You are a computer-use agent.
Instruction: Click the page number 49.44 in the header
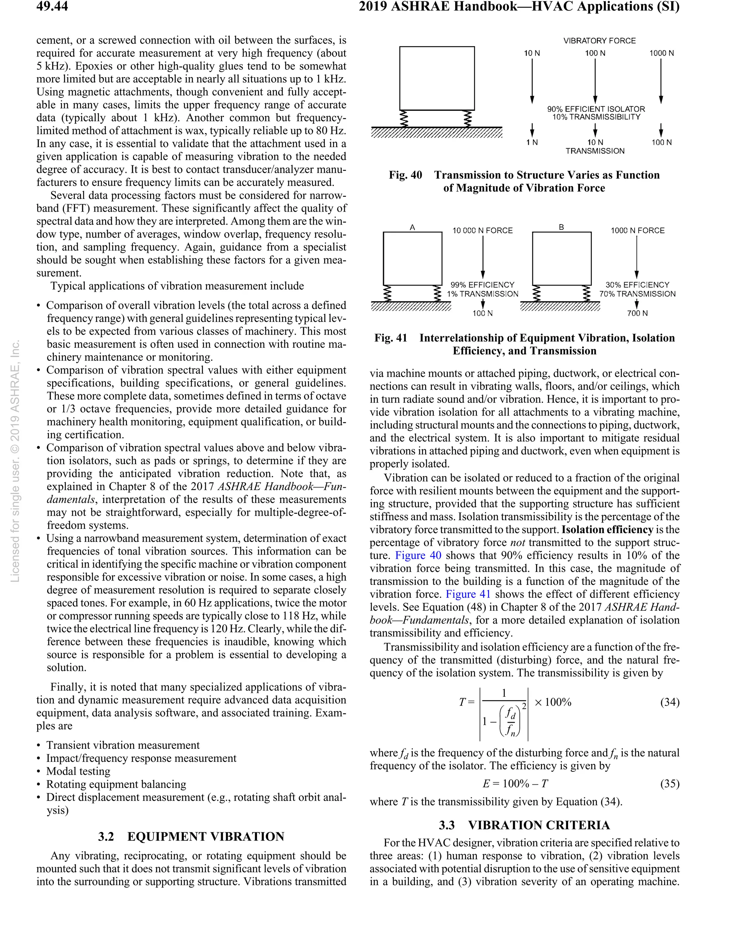(x=52, y=7)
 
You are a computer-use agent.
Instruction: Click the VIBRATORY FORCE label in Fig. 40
(x=599, y=41)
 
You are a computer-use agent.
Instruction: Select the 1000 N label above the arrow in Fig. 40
(x=661, y=53)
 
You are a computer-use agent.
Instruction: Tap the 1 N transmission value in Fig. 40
(x=532, y=143)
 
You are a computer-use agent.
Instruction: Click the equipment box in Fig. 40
(x=437, y=78)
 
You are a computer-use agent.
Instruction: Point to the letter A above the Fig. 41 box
(x=412, y=227)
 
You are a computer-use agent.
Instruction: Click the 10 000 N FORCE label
(x=482, y=230)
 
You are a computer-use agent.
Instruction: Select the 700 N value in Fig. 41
(x=637, y=313)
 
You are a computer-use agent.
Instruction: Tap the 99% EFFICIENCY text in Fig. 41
(x=482, y=285)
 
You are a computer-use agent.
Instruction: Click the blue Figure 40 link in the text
(x=418, y=555)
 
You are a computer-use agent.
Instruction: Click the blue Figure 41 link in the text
(x=468, y=594)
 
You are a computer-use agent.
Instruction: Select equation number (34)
(x=670, y=702)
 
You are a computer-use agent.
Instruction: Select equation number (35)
(x=670, y=784)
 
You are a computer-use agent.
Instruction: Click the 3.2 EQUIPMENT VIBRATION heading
(x=191, y=836)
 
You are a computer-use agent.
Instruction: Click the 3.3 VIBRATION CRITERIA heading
(x=524, y=825)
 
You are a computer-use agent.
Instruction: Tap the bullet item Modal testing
(x=78, y=771)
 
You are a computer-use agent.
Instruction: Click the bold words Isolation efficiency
(x=607, y=530)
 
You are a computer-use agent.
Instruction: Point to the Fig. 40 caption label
(x=405, y=175)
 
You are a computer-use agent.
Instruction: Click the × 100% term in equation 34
(x=553, y=702)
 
